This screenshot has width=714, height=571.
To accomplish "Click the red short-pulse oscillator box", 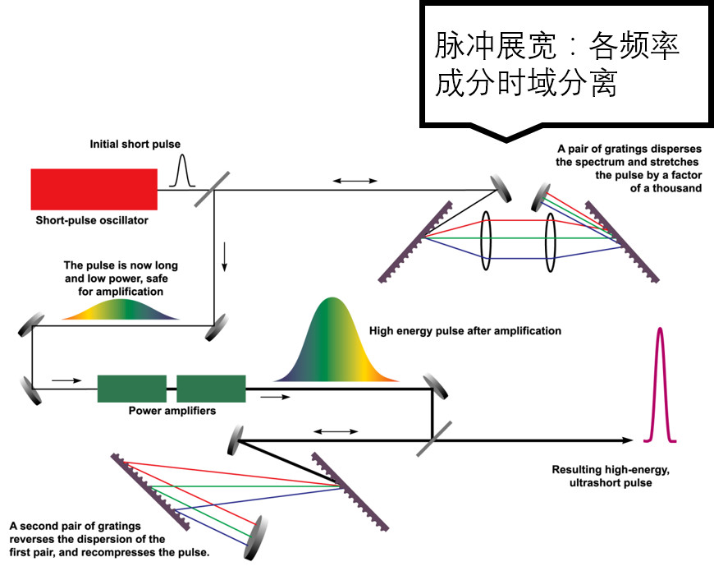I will coord(94,189).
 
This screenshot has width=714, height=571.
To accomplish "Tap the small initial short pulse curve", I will coord(183,172).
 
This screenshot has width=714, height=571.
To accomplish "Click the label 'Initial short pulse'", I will coord(135,145).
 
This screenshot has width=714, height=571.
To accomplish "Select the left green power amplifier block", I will coord(131,389).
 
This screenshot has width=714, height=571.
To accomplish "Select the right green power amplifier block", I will coord(211,389).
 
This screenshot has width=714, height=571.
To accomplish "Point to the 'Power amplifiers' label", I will coord(172,411).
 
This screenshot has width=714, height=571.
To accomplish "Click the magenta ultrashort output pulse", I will coord(661,386).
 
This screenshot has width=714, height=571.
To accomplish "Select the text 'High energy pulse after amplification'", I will coord(465,331).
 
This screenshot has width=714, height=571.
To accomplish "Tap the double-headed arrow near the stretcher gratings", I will coord(354,180).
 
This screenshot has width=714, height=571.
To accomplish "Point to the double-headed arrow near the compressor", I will coord(336,431).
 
